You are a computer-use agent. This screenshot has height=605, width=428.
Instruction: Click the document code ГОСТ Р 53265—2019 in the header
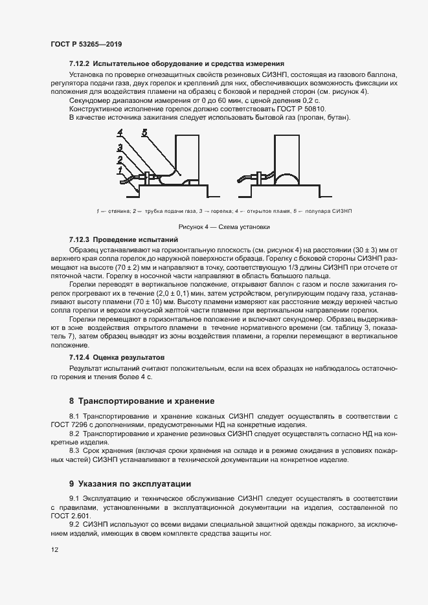[x=86, y=45]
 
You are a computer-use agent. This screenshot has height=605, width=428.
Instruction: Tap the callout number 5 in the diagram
[x=144, y=133]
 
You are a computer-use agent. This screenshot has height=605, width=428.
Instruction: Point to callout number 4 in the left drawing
[x=120, y=134]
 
